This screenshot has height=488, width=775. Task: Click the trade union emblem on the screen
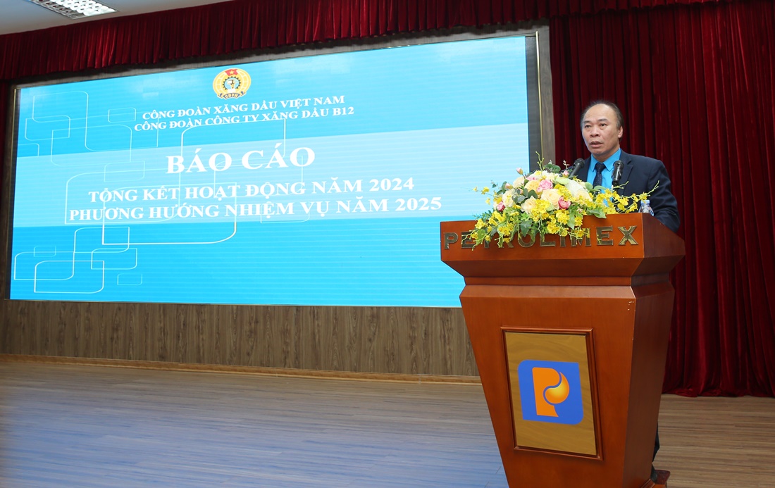tap(231, 83)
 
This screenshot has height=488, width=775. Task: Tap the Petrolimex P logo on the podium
tap(550, 392)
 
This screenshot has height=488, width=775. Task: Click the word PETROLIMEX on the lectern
tap(540, 238)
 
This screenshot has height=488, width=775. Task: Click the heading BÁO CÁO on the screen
tap(241, 159)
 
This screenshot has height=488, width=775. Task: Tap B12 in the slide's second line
tap(343, 112)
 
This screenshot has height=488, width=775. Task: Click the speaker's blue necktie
tap(599, 175)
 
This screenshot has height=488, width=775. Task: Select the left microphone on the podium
tap(576, 168)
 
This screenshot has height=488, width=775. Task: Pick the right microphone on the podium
tap(617, 173)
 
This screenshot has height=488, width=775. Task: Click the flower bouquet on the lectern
tap(554, 200)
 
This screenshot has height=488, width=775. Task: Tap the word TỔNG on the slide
tap(110, 194)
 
